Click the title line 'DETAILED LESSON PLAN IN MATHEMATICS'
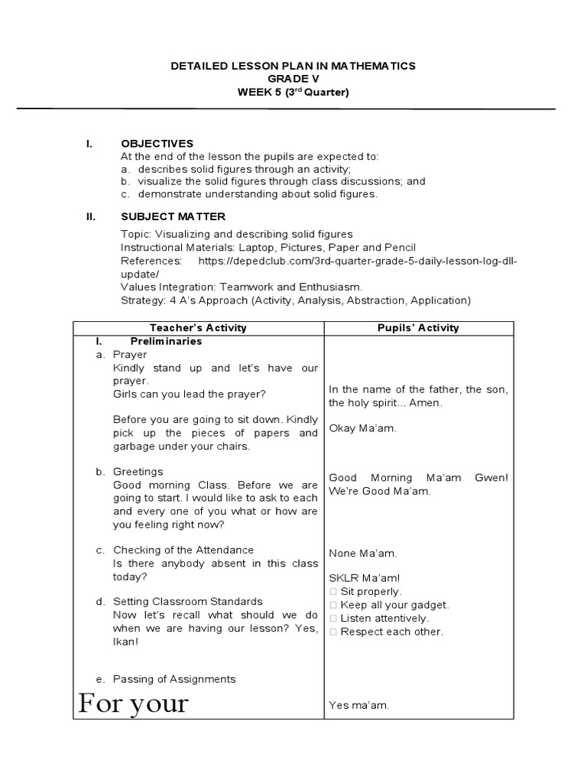(293, 67)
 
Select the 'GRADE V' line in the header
(293, 80)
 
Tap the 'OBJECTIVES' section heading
(157, 143)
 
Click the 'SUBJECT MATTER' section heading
(173, 216)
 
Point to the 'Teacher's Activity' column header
(199, 328)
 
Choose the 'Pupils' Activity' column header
(420, 328)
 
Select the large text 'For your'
(133, 702)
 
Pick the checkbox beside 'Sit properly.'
(333, 592)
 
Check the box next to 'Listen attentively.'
(333, 619)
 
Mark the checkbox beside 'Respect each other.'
(333, 632)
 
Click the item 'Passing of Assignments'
(174, 679)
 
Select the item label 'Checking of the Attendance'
(183, 550)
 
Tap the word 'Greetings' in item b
(138, 472)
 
